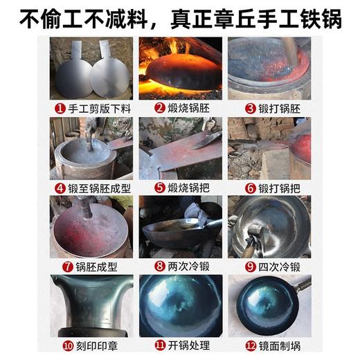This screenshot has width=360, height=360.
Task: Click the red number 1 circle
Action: click(x=60, y=108)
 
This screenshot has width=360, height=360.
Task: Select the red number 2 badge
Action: click(x=159, y=108)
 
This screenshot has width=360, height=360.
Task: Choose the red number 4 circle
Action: click(x=60, y=188)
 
